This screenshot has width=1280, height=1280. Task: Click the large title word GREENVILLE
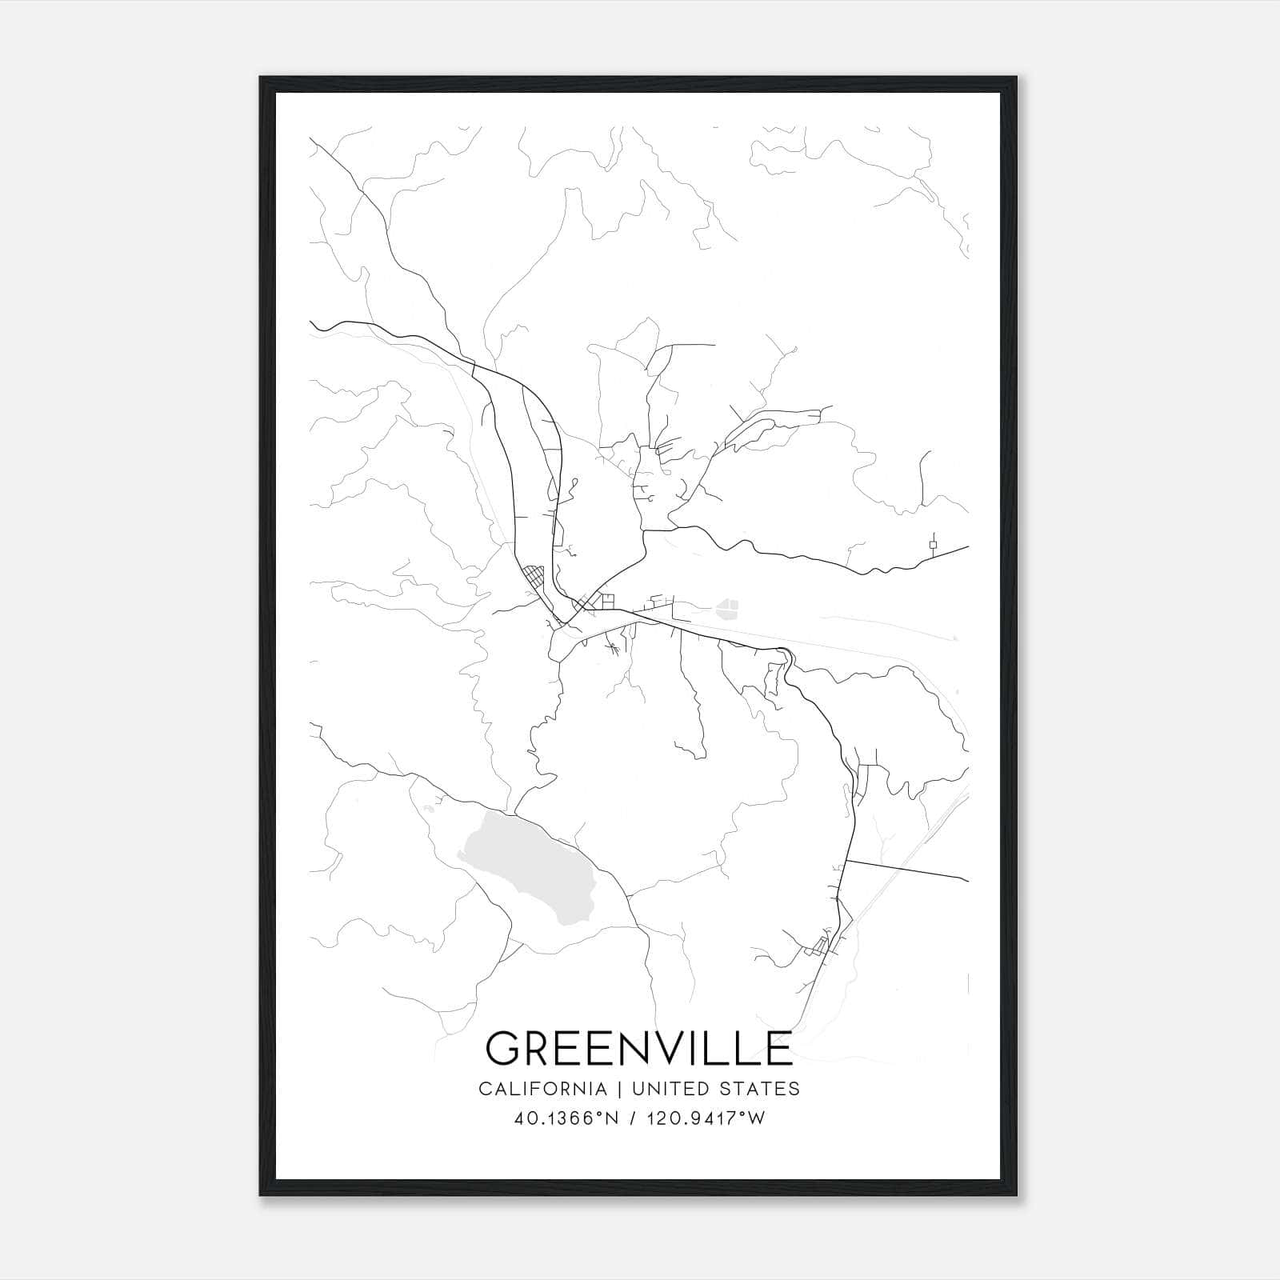[x=638, y=1049]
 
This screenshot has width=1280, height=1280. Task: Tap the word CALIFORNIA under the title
[x=542, y=1089]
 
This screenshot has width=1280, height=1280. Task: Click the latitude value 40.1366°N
[x=568, y=1118]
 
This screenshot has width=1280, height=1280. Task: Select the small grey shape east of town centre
[x=727, y=609]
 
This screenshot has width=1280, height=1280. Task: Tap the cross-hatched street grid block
[x=532, y=576]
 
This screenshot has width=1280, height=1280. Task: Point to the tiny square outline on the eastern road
[x=933, y=545]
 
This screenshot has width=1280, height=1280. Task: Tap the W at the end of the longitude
[x=757, y=1118]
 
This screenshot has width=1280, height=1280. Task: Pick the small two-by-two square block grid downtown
[x=608, y=601]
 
